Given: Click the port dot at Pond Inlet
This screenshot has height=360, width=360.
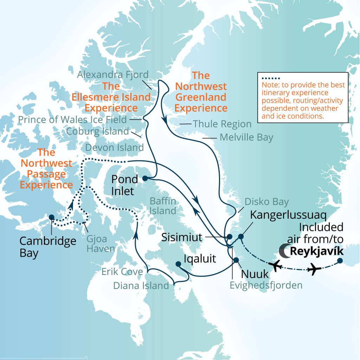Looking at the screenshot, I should tap(144, 178).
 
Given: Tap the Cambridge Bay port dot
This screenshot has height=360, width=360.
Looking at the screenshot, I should tap(51, 217).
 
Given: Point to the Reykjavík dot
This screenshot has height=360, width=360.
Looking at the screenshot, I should tap(340, 261).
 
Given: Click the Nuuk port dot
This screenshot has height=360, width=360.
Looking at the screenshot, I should tap(236, 260).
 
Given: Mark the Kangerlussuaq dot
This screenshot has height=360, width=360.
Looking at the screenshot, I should tap(241, 236).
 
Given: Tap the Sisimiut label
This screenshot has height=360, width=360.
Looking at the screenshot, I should tap(181, 237).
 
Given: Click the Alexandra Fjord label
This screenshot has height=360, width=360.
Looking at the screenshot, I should tap(113, 75).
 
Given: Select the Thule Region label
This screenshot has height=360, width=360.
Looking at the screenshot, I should tap(222, 124).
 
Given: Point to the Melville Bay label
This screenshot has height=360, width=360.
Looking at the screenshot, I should tap(246, 137).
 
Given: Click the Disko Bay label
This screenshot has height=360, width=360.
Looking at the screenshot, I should tap(266, 202).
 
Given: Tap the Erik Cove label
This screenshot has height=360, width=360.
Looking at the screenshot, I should tap(122, 271).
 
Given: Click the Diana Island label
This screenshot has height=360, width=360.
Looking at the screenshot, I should tap(141, 286).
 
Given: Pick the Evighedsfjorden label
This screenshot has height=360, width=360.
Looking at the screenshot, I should tap(266, 285).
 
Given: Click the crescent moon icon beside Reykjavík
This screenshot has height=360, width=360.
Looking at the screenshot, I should tap(284, 250).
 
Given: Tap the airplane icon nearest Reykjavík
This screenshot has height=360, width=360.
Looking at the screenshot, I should tap(314, 270).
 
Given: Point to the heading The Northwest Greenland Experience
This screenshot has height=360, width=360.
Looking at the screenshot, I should tap(201, 91).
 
